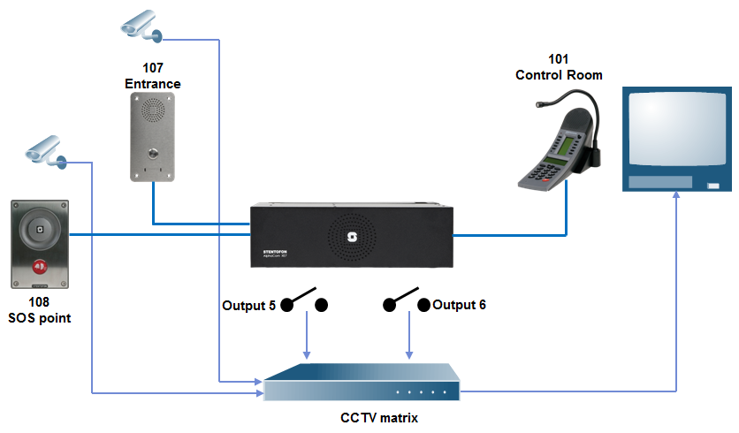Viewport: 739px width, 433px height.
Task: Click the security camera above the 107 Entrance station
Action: (x=141, y=26)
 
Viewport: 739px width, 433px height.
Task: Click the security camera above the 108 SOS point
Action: (x=45, y=150)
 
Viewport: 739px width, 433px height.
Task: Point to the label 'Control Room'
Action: (x=559, y=75)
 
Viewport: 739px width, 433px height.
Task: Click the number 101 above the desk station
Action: (x=559, y=61)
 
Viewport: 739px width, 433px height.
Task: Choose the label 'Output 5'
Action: (x=248, y=306)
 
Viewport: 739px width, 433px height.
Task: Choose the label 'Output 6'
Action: (x=460, y=305)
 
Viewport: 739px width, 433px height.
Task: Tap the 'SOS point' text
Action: (x=39, y=318)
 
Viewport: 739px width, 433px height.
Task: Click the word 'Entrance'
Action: (x=153, y=84)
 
